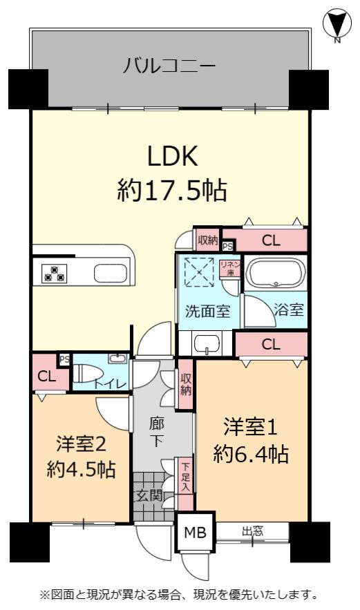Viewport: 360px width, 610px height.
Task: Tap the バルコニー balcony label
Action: [169, 66]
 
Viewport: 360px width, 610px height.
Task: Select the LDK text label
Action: [173, 155]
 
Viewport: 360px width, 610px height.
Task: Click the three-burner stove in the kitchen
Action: [54, 272]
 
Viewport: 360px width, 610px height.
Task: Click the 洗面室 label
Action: [207, 312]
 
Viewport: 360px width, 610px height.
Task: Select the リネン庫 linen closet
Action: [229, 269]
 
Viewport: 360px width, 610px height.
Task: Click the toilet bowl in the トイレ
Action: [86, 373]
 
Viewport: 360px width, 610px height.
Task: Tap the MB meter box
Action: [195, 532]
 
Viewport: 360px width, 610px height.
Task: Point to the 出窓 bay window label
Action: [253, 531]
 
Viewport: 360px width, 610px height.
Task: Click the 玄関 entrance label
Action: [149, 495]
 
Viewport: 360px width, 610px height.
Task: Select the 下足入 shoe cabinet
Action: [185, 484]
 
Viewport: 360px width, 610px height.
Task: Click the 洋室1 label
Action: [250, 427]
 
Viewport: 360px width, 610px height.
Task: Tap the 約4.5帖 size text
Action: [81, 470]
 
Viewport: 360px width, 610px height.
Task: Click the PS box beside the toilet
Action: [64, 359]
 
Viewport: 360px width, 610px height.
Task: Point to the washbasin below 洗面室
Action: [207, 343]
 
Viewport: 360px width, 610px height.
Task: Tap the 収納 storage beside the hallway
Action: [185, 384]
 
